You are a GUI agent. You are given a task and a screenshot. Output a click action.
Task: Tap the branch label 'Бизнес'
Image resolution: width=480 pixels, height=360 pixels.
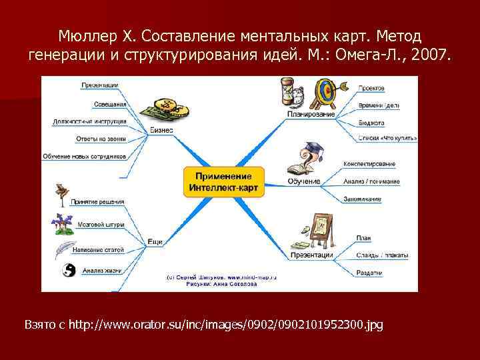(x=161, y=130)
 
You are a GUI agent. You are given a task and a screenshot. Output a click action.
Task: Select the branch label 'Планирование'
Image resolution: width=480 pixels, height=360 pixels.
(x=311, y=115)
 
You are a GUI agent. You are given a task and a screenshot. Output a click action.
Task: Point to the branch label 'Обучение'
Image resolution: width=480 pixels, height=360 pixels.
(x=304, y=181)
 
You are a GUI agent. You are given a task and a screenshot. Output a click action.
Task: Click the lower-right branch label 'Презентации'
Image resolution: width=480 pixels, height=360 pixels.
(x=311, y=255)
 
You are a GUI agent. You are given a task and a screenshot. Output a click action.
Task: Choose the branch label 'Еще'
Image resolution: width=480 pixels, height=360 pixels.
(x=155, y=241)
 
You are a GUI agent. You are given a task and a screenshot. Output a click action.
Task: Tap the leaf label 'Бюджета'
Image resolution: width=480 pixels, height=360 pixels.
(x=372, y=123)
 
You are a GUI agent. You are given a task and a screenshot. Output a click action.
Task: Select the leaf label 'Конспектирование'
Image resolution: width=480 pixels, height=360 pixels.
(x=369, y=164)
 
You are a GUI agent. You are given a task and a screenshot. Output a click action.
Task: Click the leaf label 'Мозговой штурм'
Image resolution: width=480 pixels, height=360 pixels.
(x=101, y=225)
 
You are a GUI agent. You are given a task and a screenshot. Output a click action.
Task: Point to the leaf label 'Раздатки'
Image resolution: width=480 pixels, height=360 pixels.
(x=369, y=272)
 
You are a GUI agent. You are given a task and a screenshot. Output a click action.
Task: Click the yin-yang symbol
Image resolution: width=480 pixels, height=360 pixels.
(x=67, y=270)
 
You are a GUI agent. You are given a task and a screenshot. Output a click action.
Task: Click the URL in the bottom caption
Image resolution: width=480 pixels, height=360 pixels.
(x=225, y=325)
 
